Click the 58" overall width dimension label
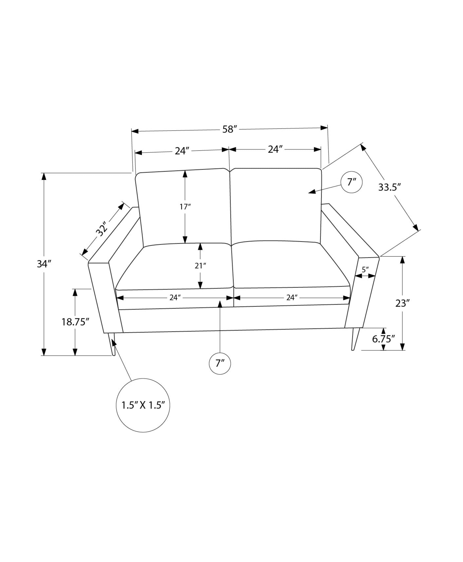[230, 130]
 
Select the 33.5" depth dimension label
[389, 187]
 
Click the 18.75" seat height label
[75, 322]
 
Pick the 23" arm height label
[403, 303]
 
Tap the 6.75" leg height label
[383, 339]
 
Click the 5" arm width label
[365, 270]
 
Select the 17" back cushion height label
[185, 207]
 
